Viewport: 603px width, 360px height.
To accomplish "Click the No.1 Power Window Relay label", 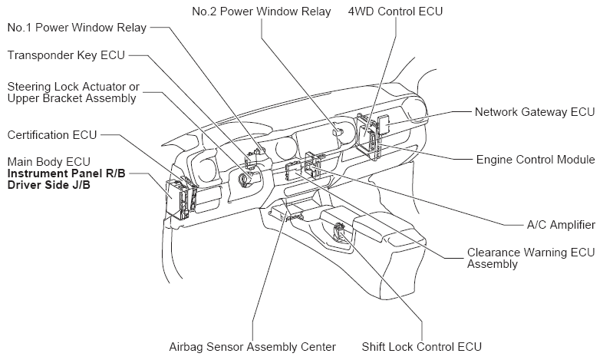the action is tap(77, 28).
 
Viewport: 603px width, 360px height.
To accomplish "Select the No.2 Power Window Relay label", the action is tap(262, 12).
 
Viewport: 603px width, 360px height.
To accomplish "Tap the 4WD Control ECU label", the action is tap(395, 12).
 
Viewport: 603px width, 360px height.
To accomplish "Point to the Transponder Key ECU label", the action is tap(66, 55).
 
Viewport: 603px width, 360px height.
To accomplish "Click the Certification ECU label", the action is tap(52, 135).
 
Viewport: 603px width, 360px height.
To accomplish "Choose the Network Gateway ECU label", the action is tap(535, 112).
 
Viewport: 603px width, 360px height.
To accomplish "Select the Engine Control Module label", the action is tap(535, 160).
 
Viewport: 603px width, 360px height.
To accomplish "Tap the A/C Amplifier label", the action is tap(561, 225).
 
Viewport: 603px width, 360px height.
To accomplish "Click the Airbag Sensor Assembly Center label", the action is tap(252, 347).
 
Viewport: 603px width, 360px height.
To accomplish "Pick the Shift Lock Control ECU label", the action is tap(421, 347).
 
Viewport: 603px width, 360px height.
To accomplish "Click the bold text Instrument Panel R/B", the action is tap(67, 173).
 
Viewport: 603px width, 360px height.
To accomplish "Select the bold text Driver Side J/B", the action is tap(49, 185).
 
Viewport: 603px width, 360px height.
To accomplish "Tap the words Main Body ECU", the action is tap(49, 162).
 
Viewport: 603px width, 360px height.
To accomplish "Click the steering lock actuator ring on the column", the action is tap(245, 180).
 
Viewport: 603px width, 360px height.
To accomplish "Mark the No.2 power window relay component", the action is tap(338, 130).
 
